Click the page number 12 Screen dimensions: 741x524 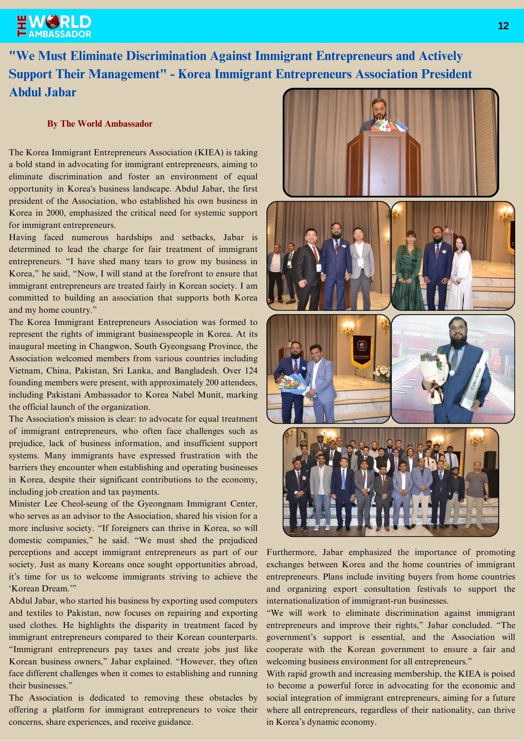coord(503,26)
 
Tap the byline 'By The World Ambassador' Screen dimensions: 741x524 coord(99,124)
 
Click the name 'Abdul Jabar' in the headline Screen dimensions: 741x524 coord(42,92)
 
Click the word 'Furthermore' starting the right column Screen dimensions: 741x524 coord(291,552)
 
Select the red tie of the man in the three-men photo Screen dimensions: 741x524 coord(316,253)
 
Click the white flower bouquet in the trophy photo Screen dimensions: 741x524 coord(434,374)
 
